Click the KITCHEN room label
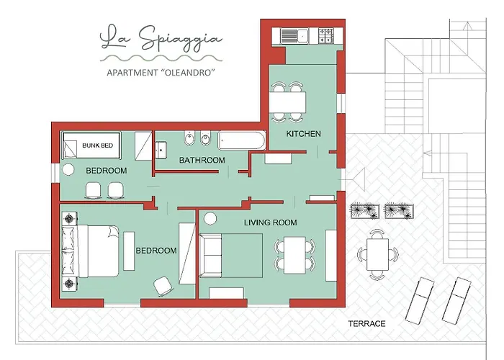click(303, 134)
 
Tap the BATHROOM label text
click(202, 160)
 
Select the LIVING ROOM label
click(270, 222)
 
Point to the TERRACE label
click(366, 324)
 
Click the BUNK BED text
click(98, 145)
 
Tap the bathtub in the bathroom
click(242, 140)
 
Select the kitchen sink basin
click(302, 36)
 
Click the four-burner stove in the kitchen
click(325, 36)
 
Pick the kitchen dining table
click(287, 102)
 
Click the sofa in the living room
click(210, 255)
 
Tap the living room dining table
click(294, 255)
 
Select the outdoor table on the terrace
click(378, 254)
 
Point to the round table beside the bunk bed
click(68, 169)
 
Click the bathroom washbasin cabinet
click(161, 150)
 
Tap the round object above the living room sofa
click(210, 219)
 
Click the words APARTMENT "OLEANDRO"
click(161, 73)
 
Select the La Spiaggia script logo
click(161, 38)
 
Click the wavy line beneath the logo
click(161, 58)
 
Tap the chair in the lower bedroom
click(163, 286)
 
